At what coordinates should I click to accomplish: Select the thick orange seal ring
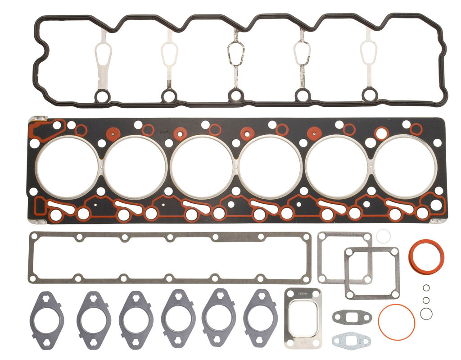click(x=426, y=257)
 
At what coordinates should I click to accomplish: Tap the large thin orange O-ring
click(x=396, y=321)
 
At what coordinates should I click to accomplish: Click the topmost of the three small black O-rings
click(x=426, y=288)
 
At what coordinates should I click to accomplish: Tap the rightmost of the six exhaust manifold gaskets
click(x=260, y=318)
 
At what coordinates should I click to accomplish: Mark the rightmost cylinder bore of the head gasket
click(x=405, y=166)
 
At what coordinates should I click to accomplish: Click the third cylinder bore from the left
click(x=202, y=166)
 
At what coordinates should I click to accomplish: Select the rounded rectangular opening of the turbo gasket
click(x=303, y=318)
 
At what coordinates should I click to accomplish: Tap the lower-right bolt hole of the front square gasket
click(x=395, y=294)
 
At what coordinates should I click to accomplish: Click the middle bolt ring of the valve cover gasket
click(x=235, y=95)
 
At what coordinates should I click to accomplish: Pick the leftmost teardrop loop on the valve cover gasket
click(x=103, y=55)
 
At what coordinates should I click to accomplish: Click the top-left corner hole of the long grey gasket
click(x=33, y=236)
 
